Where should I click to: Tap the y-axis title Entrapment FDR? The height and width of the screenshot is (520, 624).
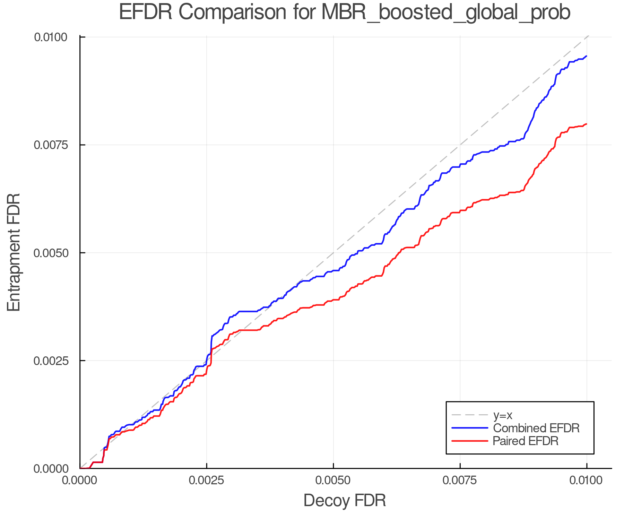(x=14, y=252)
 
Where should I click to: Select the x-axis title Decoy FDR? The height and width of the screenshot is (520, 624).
(x=345, y=501)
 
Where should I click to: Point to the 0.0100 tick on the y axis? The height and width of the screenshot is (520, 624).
(x=51, y=37)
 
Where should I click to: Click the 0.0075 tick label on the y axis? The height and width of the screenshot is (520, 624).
(x=51, y=145)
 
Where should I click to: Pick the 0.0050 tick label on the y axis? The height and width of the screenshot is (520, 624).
(x=51, y=253)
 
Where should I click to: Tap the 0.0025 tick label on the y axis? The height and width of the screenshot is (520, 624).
(x=51, y=361)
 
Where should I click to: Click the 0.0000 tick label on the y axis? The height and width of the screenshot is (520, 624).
(x=51, y=469)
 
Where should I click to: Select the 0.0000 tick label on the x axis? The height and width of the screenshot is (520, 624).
(x=80, y=480)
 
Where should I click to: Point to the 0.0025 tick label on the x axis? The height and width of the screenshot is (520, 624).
(x=207, y=480)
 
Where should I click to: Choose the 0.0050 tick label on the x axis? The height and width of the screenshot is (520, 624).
(x=333, y=480)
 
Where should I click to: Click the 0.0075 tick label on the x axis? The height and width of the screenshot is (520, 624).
(x=460, y=480)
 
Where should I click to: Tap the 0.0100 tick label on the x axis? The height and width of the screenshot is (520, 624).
(x=587, y=480)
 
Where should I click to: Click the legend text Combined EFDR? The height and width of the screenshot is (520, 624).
(x=536, y=428)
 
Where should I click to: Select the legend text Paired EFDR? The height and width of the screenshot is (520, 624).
(x=526, y=441)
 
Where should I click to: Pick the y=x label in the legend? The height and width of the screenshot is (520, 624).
(x=503, y=415)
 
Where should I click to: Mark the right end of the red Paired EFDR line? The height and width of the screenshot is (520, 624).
(x=586, y=124)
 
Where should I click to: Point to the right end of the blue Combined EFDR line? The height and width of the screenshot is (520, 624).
(x=586, y=56)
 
